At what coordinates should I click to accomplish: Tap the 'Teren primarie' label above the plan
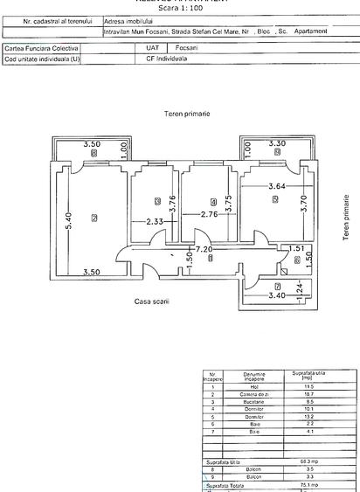186,115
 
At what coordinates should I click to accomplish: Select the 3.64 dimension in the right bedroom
275,185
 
